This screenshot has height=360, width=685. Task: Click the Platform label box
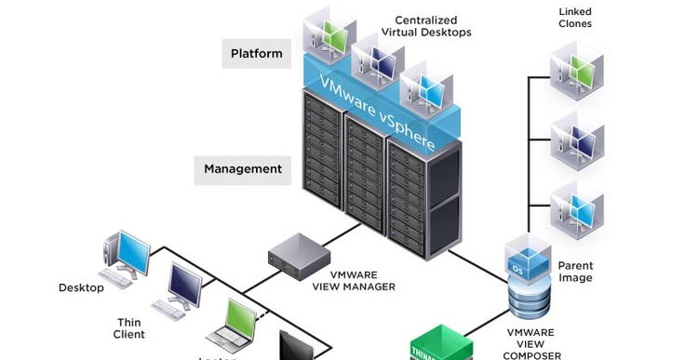click(x=256, y=53)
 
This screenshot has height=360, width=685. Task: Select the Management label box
click(x=243, y=169)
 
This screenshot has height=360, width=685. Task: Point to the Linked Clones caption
click(x=575, y=17)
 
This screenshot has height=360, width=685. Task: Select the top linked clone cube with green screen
click(x=576, y=69)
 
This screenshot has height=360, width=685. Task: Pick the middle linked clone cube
click(x=576, y=140)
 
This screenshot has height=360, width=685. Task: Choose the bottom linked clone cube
click(x=576, y=209)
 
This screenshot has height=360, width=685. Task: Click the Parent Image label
click(x=575, y=272)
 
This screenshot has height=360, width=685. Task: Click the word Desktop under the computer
click(x=81, y=287)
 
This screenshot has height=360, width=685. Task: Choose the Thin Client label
click(x=129, y=327)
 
